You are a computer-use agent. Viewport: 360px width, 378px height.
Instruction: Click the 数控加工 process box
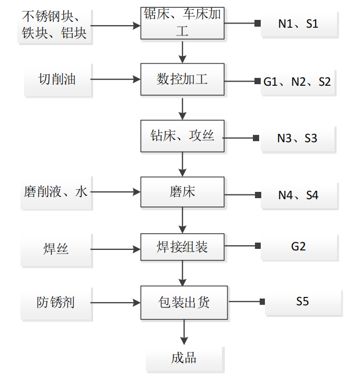pos(182,79)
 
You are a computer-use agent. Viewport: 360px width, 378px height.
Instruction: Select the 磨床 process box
pos(182,192)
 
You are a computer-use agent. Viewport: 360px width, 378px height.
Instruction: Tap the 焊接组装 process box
pos(182,246)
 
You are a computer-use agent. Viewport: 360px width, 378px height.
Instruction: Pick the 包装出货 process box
pos(184,302)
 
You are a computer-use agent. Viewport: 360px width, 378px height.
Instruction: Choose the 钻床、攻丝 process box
pos(182,136)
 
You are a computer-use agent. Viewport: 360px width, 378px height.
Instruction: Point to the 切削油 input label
pos(57,79)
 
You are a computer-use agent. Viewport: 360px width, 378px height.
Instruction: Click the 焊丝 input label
pos(56,249)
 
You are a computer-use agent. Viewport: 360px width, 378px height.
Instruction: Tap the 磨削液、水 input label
pos(55,192)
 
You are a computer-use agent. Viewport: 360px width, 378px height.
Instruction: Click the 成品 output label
pos(184,358)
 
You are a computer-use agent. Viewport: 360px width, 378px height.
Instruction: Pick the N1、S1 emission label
pos(298,24)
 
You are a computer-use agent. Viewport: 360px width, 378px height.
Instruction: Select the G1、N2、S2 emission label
pos(297,82)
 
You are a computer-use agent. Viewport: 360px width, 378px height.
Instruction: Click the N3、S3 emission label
pos(297,139)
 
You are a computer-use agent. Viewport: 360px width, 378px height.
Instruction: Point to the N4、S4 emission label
pos(298,196)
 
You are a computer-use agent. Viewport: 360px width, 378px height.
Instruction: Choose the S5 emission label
pos(303,302)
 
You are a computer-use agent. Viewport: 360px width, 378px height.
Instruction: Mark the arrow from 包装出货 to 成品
pos(183,331)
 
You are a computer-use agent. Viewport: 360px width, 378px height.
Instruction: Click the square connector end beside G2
pos(257,245)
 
